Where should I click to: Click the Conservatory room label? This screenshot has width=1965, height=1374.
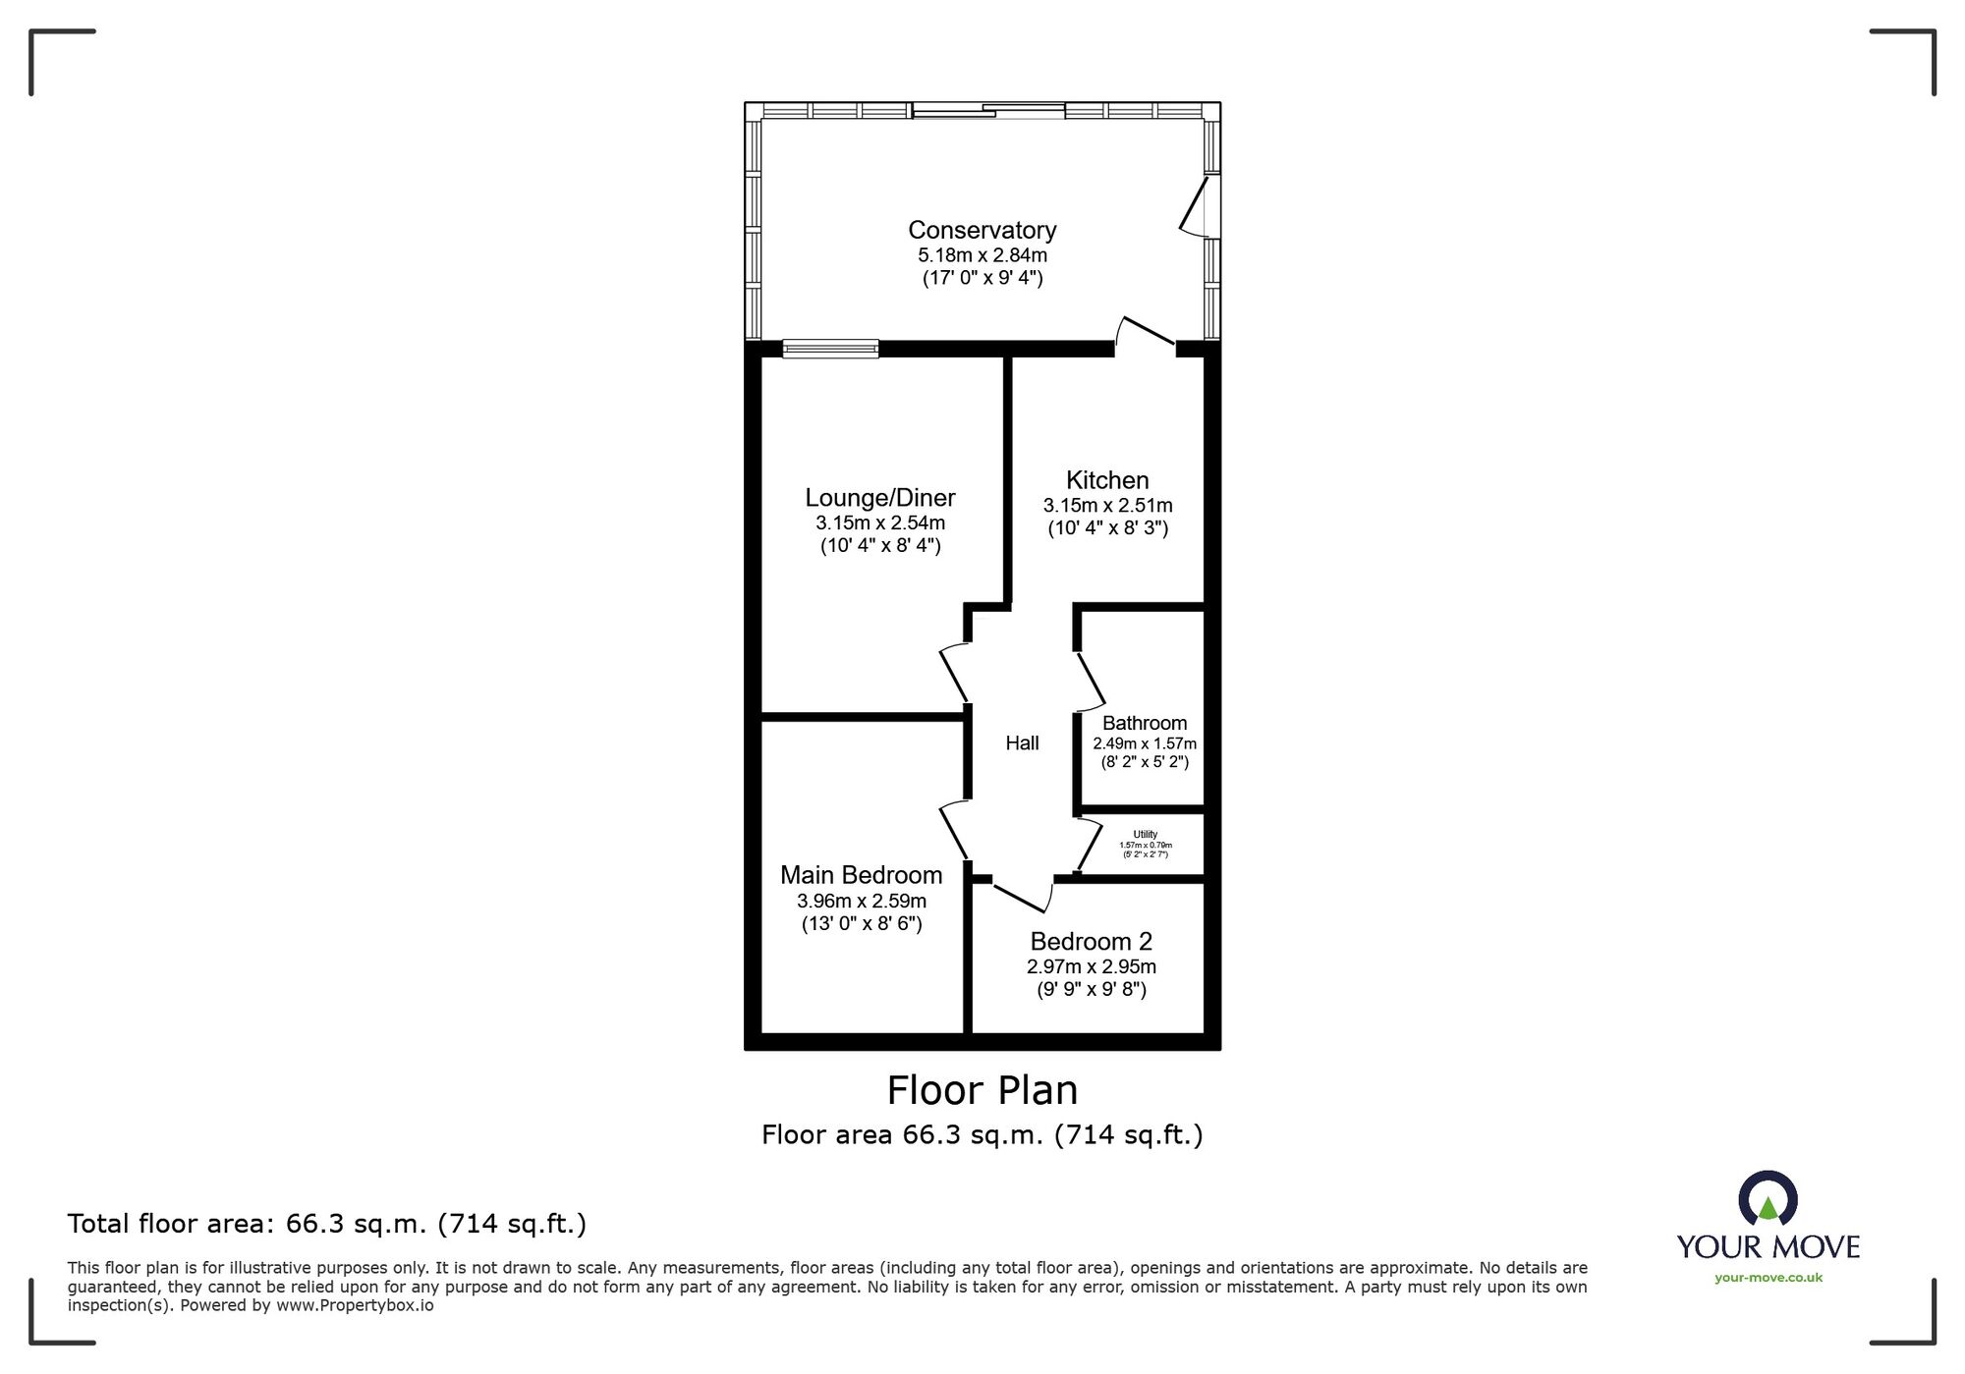[x=982, y=230]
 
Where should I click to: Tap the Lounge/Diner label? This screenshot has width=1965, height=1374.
[x=880, y=498]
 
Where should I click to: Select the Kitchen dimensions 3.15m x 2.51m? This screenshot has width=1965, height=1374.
[x=1107, y=506]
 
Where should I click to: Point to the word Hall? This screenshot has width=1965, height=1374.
[x=1022, y=743]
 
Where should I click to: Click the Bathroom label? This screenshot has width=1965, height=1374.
[x=1145, y=723]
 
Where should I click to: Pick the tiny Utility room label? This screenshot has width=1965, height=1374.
[x=1145, y=835]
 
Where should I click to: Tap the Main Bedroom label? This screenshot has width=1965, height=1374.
[x=861, y=875]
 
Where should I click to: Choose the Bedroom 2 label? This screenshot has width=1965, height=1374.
[x=1091, y=942]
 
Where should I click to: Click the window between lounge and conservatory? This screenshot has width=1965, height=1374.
[x=830, y=349]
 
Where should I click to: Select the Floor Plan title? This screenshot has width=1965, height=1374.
[x=982, y=1090]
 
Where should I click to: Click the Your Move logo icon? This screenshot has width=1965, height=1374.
[x=1768, y=1198]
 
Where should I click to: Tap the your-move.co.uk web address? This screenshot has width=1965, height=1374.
[x=1768, y=1278]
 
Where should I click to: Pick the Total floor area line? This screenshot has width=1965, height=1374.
[x=326, y=1224]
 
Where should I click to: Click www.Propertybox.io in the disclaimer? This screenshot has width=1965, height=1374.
[x=355, y=1305]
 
